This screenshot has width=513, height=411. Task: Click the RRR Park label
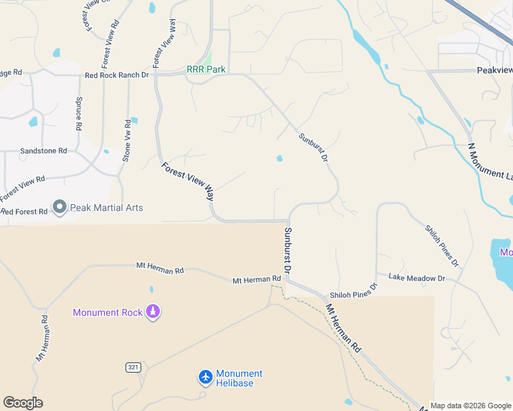click(206, 69)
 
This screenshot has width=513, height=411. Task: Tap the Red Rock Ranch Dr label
click(117, 75)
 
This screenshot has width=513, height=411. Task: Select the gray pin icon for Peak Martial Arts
click(60, 207)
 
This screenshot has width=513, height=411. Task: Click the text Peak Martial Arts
click(106, 207)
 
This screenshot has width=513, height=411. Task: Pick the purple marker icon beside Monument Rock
click(154, 312)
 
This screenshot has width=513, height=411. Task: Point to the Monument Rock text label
click(108, 313)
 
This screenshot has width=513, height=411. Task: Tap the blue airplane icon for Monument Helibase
click(205, 377)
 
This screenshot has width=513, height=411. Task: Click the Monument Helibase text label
click(239, 378)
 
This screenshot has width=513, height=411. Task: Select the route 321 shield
click(133, 368)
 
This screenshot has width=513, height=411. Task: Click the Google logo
click(23, 403)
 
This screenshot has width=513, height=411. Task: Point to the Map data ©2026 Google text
click(470, 406)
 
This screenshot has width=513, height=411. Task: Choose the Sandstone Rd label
click(43, 151)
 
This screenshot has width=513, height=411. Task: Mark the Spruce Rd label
click(79, 114)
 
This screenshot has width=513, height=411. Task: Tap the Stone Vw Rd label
click(127, 140)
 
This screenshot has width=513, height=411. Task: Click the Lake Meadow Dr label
click(417, 278)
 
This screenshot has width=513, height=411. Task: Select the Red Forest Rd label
click(23, 212)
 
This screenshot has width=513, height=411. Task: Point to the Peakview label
click(494, 71)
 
